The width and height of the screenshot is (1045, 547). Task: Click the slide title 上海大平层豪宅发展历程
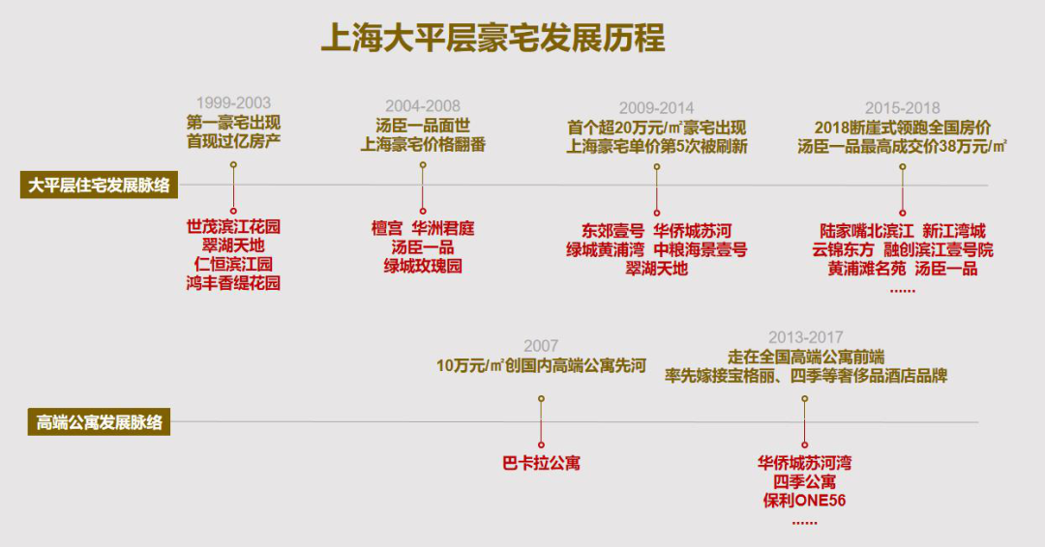tap(493, 41)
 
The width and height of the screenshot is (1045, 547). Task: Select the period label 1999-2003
tap(233, 102)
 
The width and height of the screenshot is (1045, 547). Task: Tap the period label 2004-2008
tap(423, 105)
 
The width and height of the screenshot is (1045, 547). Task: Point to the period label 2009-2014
tap(656, 108)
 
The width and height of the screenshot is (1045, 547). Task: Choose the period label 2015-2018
tap(902, 108)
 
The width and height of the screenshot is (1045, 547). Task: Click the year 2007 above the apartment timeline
tap(541, 345)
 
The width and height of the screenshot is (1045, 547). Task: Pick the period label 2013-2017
tap(805, 337)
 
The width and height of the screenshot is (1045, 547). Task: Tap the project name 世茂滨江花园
tap(233, 227)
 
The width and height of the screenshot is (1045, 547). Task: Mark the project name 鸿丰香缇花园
tap(233, 283)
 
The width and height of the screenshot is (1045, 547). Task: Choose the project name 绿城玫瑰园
tap(423, 266)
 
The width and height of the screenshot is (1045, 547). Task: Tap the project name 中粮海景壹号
tap(700, 249)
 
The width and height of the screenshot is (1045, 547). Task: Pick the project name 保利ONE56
tap(804, 500)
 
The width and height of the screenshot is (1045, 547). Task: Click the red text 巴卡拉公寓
tap(541, 463)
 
